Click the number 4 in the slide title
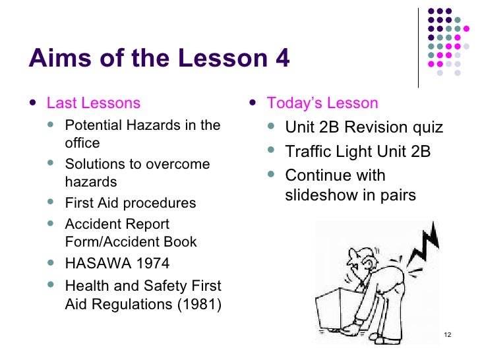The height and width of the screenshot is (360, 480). pos(280,59)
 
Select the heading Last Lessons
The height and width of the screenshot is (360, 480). pos(93,103)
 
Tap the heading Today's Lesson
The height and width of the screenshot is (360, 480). pos(322,103)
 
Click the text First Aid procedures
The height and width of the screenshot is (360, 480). pos(131,203)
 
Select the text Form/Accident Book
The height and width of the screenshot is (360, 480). pos(131,242)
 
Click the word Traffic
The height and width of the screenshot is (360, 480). pos(309,152)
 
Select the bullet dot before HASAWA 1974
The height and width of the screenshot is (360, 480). pos(53,264)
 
